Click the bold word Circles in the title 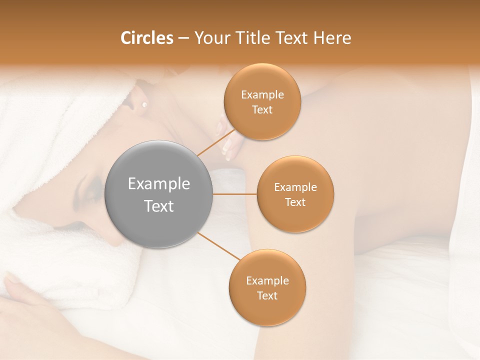(146, 38)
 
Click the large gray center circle (159, 194)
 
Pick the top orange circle (262, 101)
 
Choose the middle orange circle (295, 194)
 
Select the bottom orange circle (267, 287)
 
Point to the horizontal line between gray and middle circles (234, 193)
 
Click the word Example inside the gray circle (159, 183)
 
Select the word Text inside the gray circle (159, 205)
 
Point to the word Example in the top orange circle (262, 94)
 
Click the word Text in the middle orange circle (295, 202)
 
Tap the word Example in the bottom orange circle (267, 280)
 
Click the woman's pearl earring (144, 104)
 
